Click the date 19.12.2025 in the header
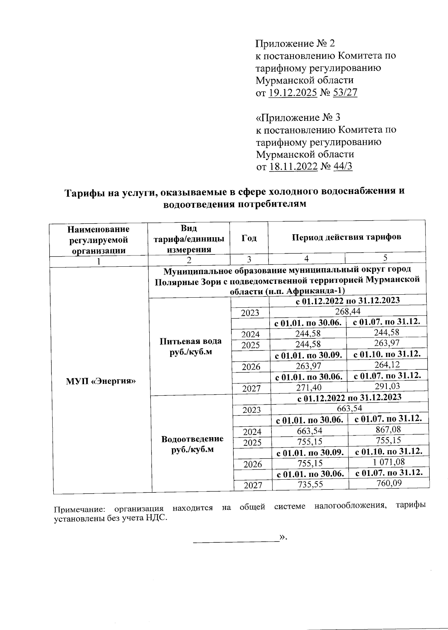coord(293,93)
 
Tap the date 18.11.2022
coord(293,166)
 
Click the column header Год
coord(249,238)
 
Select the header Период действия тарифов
coord(346,237)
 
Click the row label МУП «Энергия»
coord(100,381)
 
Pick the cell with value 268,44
coord(348,311)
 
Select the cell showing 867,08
coord(388,429)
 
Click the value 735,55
coord(310,485)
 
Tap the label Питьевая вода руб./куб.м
coord(190,346)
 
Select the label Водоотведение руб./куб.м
coord(192,444)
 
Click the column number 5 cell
coord(385,258)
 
